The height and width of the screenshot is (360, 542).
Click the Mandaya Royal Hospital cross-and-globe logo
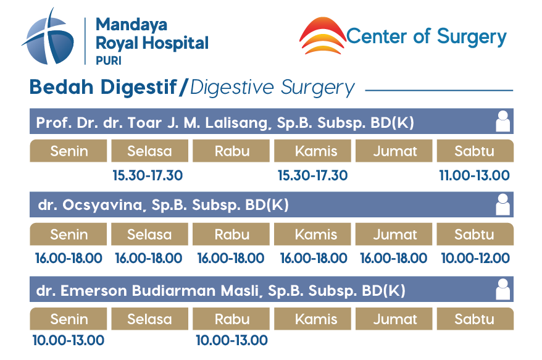pos(48,38)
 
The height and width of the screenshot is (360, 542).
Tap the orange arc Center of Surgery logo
pos(322,36)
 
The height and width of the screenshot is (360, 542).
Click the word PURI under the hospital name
pos(109,61)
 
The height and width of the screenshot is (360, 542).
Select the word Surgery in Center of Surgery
pos(472,37)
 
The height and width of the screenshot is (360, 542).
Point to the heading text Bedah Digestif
pos(103,87)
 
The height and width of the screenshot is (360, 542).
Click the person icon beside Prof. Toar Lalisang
pos(502,121)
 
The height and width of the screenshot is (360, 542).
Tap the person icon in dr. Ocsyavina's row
pos(502,204)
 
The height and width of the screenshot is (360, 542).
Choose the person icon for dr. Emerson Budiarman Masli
pos(502,289)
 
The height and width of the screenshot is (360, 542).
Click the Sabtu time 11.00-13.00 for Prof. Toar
pos(474,175)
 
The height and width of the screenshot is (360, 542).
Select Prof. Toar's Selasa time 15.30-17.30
pos(148,175)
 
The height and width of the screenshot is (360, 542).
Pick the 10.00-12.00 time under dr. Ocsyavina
pos(475,258)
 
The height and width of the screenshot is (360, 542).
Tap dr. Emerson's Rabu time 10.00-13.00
pos(231,340)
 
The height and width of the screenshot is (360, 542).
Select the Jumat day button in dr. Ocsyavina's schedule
pos(394,234)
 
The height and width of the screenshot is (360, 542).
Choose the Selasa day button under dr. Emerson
pos(149,319)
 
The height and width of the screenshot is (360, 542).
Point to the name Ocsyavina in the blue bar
pos(103,205)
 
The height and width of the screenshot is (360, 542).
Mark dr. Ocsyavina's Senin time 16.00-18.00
pos(69,258)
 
